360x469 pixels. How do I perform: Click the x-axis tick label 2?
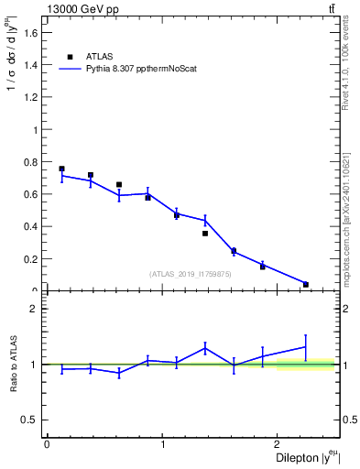click(x=278, y=444)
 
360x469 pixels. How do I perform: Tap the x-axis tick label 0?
click(x=47, y=444)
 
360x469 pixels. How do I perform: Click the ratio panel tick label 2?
click(x=35, y=309)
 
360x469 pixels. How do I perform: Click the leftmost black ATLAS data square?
click(x=61, y=169)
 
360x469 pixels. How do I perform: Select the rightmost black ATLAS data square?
click(x=306, y=284)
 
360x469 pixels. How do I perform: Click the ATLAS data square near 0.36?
click(x=205, y=234)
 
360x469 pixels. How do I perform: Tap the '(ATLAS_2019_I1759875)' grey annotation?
click(x=191, y=274)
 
